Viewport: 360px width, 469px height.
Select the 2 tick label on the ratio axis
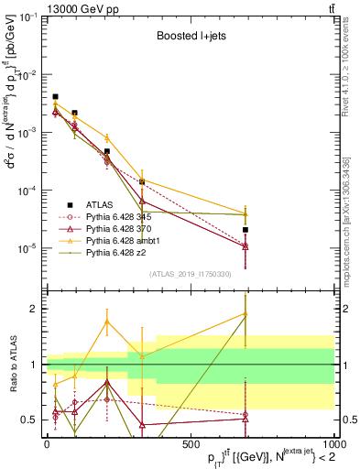[x=33, y=309]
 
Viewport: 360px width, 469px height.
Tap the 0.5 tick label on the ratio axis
[x=29, y=420]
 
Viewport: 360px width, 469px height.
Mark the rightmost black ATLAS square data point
[x=245, y=230]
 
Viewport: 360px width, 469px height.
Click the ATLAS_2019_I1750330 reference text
[x=190, y=274]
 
